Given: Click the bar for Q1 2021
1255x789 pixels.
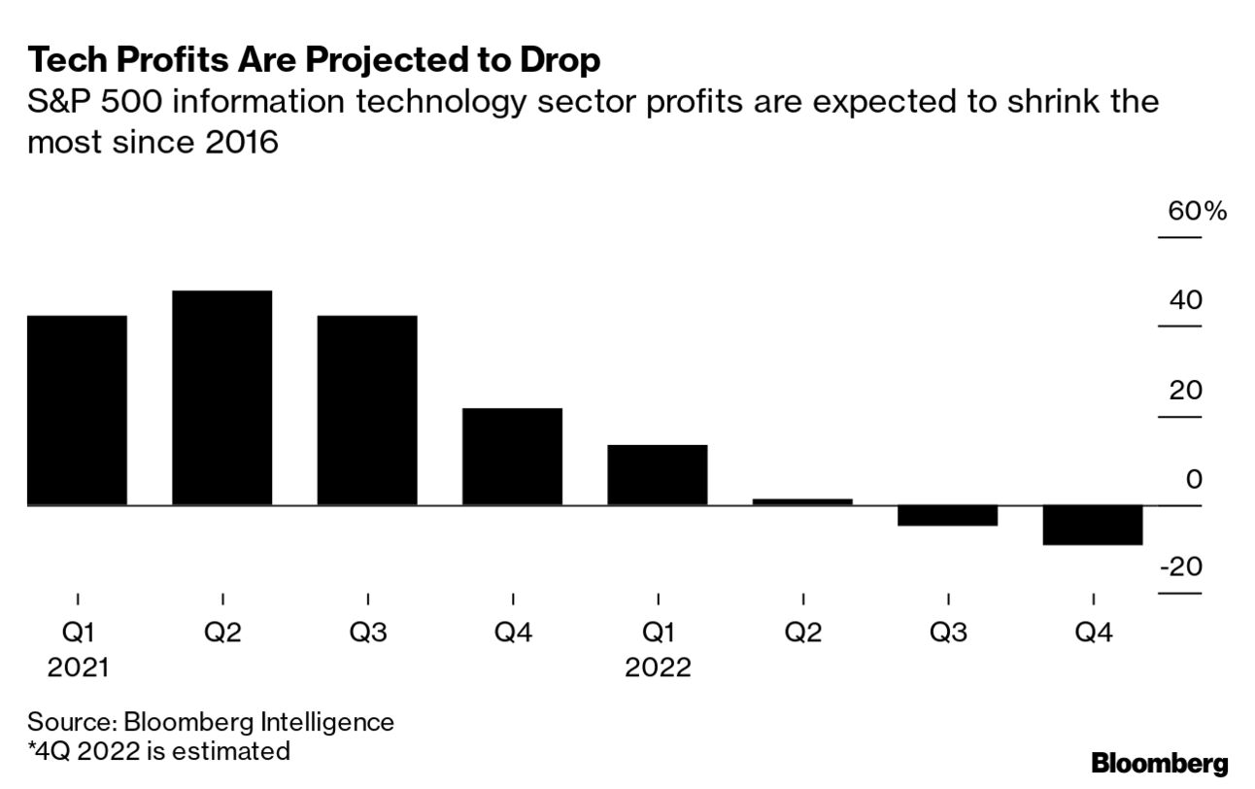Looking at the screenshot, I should (77, 410).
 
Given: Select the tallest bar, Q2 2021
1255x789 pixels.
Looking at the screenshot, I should (221, 397).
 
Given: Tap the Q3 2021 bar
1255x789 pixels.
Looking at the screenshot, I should (367, 410).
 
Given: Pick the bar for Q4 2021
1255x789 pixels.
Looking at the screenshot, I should (512, 457).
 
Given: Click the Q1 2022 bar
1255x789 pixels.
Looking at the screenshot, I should (658, 474).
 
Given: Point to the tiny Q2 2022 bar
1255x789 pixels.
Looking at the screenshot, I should (802, 501).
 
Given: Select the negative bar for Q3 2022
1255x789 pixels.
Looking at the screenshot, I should (948, 516).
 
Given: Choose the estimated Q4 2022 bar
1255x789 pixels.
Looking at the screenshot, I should (1093, 526).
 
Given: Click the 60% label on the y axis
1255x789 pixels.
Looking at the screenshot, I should (1197, 211).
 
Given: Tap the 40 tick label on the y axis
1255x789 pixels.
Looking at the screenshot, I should (1185, 301).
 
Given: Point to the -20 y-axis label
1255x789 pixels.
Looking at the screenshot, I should (1180, 566).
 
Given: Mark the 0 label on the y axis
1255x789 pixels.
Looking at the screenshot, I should (1194, 480).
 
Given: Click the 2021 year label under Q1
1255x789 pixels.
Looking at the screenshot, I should (77, 668).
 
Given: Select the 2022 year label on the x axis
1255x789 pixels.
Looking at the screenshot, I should (658, 668).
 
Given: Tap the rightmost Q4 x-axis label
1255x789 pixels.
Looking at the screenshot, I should (1093, 633).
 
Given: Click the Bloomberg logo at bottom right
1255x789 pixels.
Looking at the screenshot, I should (1159, 763).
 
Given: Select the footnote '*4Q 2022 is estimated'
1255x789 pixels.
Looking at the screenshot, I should (158, 750).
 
